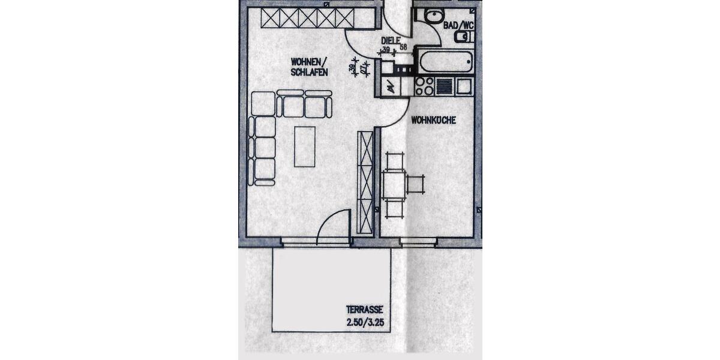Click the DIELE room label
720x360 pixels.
[391, 40]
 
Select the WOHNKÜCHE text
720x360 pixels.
[433, 120]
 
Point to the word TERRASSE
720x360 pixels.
[364, 310]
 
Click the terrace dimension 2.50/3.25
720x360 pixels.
[364, 322]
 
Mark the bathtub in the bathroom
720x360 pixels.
[445, 61]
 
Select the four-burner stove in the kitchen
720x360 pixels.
[424, 86]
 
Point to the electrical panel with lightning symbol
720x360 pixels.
[390, 88]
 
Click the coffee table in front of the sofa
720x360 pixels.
[304, 146]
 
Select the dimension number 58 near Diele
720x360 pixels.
[403, 47]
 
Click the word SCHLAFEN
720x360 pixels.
[310, 72]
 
